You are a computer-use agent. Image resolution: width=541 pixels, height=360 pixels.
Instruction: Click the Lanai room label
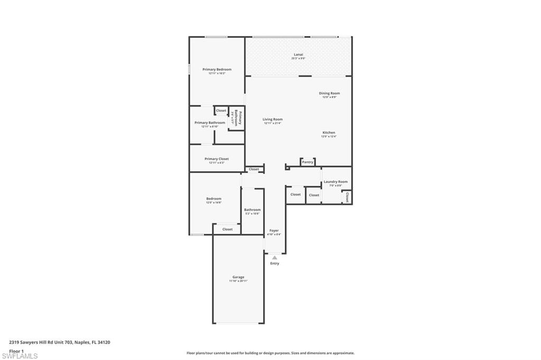298,54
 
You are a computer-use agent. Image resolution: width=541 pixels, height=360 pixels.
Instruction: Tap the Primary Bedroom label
217,69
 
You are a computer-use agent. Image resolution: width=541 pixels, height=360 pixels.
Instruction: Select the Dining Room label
329,93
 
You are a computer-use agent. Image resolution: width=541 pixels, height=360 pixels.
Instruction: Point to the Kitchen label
329,132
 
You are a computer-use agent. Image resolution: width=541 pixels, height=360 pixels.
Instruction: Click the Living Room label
273,119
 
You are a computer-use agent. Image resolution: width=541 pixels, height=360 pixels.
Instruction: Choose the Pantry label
307,162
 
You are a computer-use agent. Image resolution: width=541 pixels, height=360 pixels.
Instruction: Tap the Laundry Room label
335,182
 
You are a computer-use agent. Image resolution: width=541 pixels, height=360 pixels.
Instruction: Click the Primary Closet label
217,159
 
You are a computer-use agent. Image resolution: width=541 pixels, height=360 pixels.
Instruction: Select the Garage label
238,277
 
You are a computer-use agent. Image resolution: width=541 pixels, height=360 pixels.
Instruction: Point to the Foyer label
274,231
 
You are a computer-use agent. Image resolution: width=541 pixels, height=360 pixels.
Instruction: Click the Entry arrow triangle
274,258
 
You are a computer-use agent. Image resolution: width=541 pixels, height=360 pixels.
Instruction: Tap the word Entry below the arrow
275,263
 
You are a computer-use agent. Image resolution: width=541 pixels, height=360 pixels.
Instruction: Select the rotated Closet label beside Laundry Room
347,197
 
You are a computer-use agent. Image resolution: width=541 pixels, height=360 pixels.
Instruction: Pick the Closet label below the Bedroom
227,229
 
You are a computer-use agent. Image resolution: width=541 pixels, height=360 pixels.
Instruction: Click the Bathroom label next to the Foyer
252,210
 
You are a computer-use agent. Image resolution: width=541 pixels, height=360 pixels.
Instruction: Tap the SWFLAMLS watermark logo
20,356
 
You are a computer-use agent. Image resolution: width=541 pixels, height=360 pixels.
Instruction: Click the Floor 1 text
16,350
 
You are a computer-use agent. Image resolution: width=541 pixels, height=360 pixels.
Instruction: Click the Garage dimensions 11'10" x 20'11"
238,281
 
